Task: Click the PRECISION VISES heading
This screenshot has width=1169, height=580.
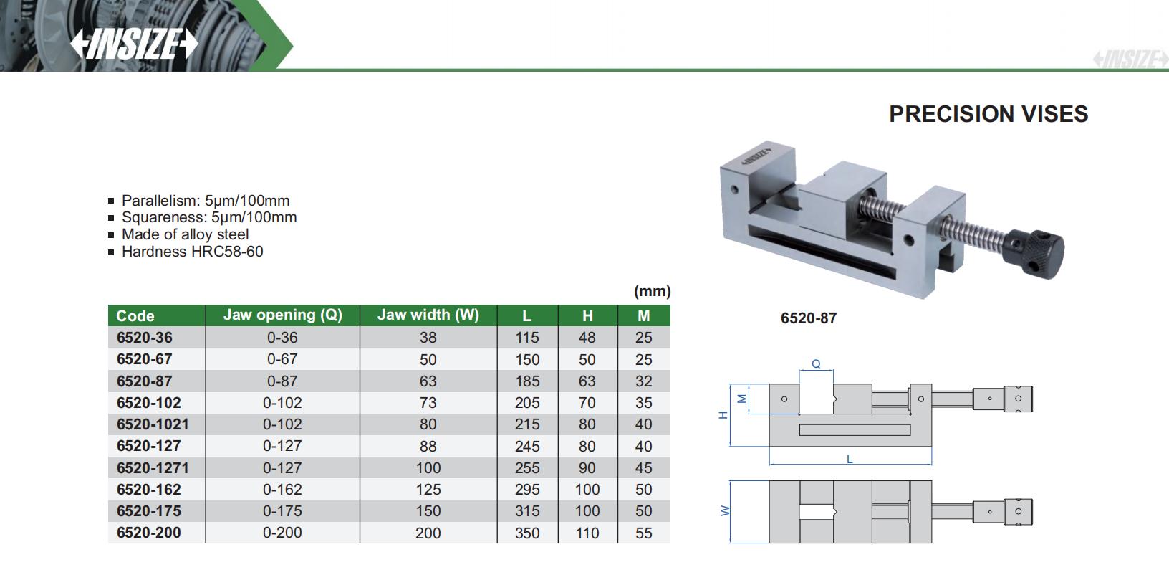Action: tap(988, 114)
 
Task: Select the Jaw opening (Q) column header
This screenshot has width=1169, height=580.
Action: tap(282, 315)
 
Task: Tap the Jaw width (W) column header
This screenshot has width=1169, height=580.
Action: tap(428, 315)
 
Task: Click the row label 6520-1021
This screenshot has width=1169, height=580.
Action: tap(153, 424)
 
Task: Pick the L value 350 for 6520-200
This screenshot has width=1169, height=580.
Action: tap(527, 533)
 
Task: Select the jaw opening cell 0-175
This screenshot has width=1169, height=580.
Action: tap(282, 511)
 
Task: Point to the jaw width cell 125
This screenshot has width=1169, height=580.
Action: tap(428, 490)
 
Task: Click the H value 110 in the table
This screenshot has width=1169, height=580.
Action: tap(587, 533)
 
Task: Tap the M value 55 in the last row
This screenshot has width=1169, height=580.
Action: tap(643, 533)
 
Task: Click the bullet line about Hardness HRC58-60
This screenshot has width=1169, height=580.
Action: tap(192, 252)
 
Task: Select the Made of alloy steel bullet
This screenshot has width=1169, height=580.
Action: tap(185, 234)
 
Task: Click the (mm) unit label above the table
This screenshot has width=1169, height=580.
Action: tap(652, 291)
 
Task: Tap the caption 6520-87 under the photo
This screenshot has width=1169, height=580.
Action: tap(808, 318)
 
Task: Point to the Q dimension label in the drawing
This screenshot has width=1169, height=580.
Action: tap(816, 364)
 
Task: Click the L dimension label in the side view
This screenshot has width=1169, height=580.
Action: tap(850, 459)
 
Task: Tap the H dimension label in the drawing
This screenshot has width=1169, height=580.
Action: tap(723, 414)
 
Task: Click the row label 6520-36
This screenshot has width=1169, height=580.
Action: tap(144, 338)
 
